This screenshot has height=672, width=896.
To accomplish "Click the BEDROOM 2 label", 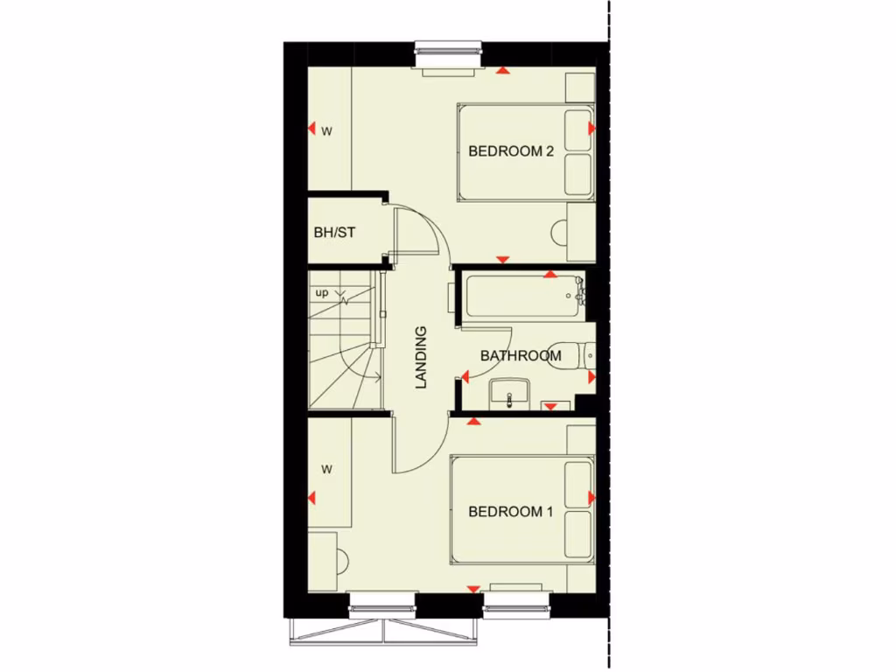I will [x=511, y=150].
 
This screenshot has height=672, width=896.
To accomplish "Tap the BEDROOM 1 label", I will [x=511, y=512].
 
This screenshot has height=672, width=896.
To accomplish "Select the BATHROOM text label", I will [x=521, y=356].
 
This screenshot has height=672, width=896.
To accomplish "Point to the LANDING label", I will [x=421, y=357].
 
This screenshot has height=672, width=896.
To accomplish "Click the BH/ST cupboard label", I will [x=334, y=233].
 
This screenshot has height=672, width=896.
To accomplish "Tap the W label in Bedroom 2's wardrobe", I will [x=327, y=132].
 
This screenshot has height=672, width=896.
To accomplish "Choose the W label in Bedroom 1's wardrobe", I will [x=327, y=470].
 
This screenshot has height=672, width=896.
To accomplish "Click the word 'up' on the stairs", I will [x=322, y=293].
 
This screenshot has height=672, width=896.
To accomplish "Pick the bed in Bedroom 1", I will [x=521, y=509].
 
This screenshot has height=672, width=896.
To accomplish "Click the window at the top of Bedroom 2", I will [x=449, y=54].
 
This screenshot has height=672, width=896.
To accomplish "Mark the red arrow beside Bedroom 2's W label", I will [x=311, y=129].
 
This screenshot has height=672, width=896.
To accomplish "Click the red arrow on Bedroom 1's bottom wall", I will [x=473, y=589].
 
